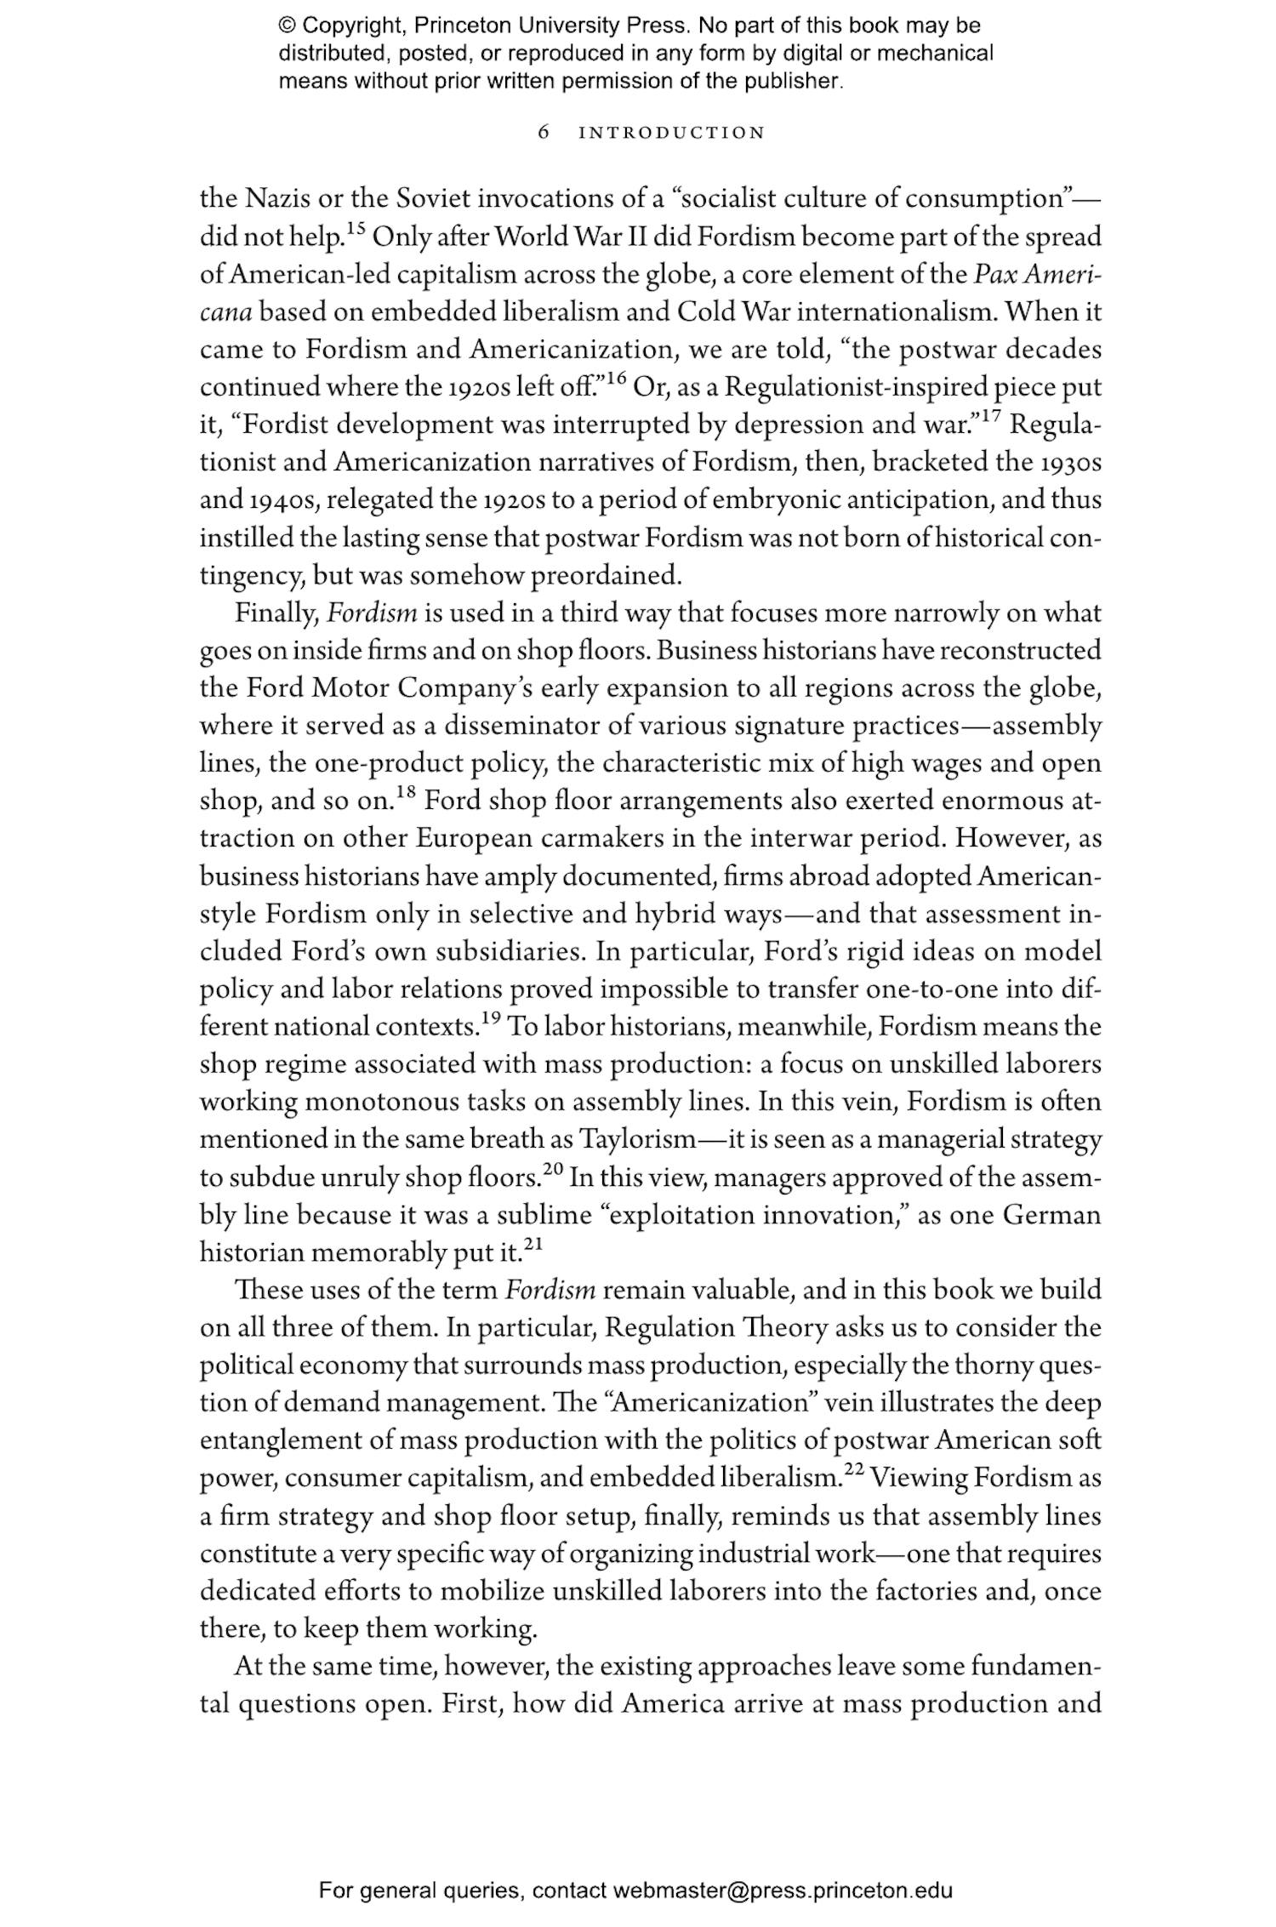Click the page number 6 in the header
click(x=544, y=133)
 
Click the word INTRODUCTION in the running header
click(x=671, y=133)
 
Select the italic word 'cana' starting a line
click(x=225, y=312)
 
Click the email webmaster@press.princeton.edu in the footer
click(x=782, y=1891)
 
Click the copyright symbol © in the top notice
click(x=286, y=26)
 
